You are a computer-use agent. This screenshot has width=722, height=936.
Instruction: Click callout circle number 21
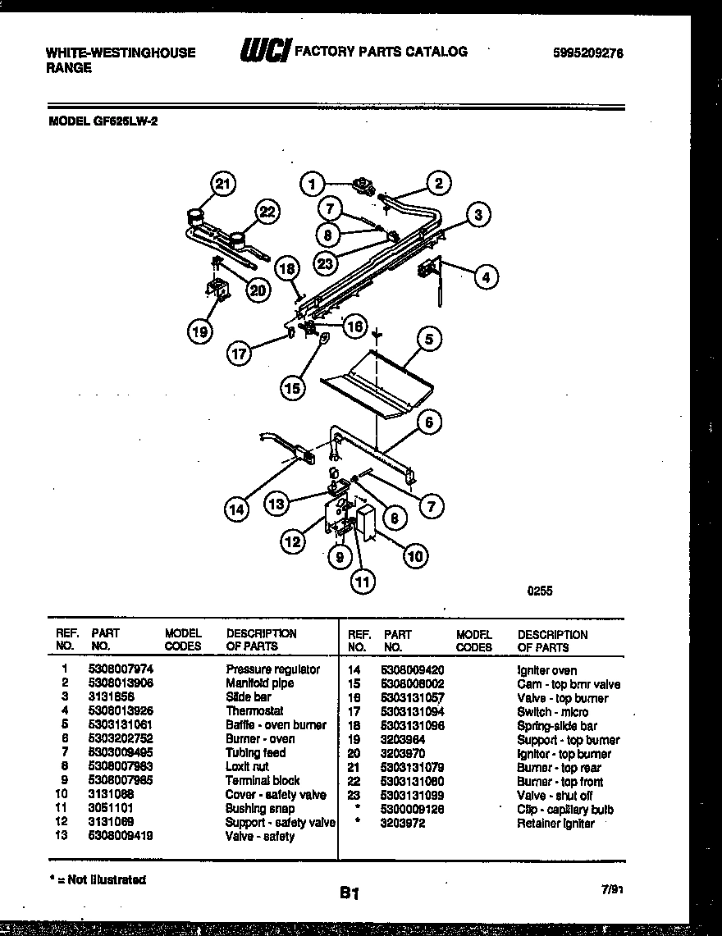pos(222,185)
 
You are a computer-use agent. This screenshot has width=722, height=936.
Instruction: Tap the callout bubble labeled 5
pos(427,338)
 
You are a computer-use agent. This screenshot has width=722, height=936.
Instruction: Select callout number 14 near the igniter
pos(236,509)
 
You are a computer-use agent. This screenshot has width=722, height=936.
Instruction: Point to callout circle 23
pos(326,264)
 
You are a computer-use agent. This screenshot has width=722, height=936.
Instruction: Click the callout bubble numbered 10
pos(415,556)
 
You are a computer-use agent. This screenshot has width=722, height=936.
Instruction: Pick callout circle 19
pos(199,331)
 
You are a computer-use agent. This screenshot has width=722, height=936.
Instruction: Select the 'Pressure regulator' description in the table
pos(272,669)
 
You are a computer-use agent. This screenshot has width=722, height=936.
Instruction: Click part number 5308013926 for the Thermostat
pos(121,711)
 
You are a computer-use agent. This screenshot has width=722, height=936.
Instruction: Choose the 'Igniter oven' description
pos(546,670)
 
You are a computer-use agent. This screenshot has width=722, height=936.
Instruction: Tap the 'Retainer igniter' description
pos(555,824)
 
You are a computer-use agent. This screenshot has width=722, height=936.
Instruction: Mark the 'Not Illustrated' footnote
pos(98,879)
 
